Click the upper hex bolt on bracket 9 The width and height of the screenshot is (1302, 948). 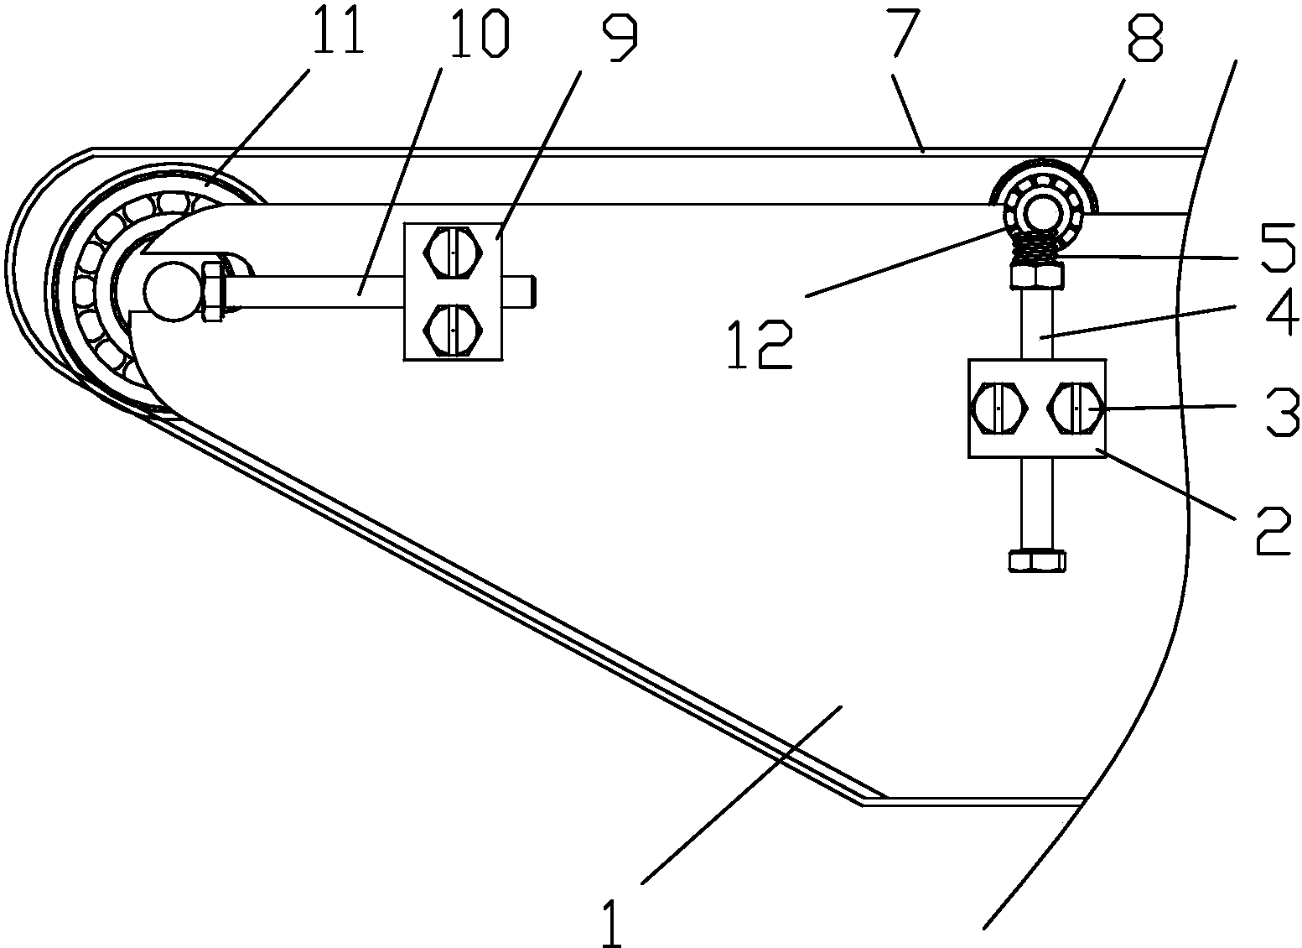click(453, 250)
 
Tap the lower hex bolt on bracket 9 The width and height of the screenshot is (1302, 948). click(453, 331)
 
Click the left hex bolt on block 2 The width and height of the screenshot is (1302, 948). click(998, 408)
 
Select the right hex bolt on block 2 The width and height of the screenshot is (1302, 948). click(1075, 408)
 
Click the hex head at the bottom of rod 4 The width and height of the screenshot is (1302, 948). click(1037, 560)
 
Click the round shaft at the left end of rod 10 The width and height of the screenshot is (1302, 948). click(172, 290)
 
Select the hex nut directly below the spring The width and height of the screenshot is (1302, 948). click(1037, 274)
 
